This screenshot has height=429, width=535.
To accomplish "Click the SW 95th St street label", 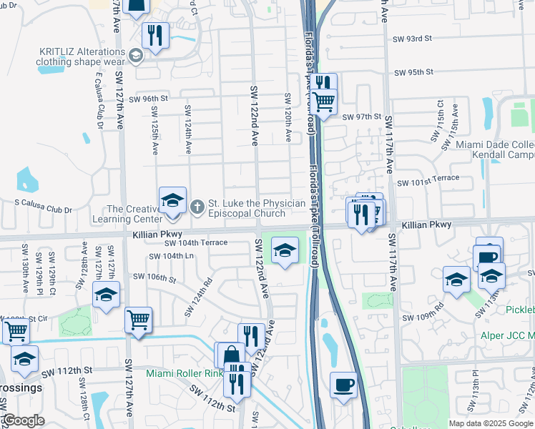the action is point(416,72).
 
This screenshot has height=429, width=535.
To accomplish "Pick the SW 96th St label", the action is point(149,98).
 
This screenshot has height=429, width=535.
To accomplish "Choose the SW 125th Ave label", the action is point(154,131).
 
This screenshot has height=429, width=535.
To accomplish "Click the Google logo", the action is point(24,420).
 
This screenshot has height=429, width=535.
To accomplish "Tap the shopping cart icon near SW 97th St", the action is point(325,104).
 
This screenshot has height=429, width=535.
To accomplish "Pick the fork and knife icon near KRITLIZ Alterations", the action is point(155,35).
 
